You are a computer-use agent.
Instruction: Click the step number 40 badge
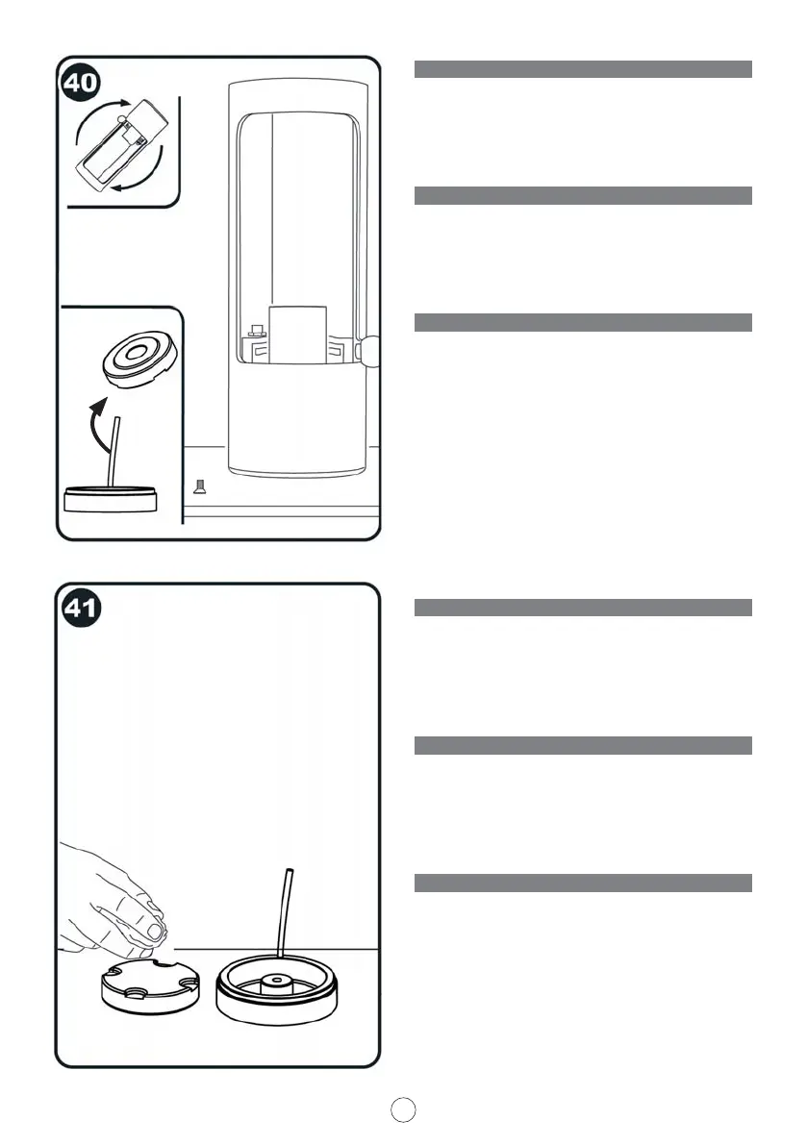(x=82, y=83)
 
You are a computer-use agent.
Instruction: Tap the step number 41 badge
(x=82, y=609)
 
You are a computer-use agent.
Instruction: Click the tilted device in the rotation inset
(x=119, y=145)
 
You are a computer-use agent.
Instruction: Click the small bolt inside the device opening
(x=257, y=333)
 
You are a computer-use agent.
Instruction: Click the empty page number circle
(x=405, y=1108)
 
